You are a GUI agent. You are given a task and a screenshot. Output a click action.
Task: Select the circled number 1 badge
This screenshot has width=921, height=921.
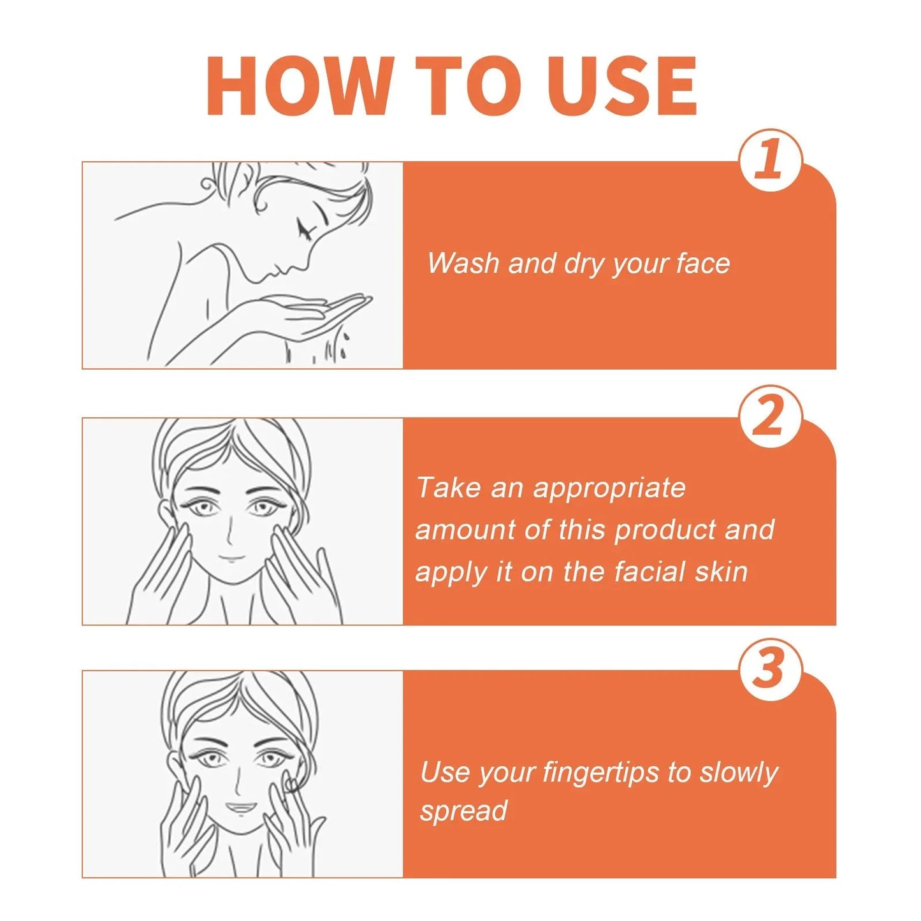click(x=770, y=160)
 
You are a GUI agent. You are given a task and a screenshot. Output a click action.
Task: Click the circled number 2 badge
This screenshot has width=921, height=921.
click(x=770, y=417)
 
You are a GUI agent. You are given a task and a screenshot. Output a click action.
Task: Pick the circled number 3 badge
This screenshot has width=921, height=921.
click(x=770, y=669)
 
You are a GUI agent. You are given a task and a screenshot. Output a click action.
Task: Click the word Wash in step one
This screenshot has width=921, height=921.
click(x=463, y=263)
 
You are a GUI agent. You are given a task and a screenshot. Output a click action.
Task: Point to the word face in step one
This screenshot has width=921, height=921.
click(x=703, y=263)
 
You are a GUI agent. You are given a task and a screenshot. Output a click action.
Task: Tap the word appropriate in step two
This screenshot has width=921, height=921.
click(x=609, y=488)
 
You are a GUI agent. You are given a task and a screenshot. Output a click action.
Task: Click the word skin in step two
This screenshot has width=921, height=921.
click(x=721, y=572)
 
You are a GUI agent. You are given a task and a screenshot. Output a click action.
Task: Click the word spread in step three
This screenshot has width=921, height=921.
click(x=463, y=811)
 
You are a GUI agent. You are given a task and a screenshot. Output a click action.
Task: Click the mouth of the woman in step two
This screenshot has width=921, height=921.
click(x=232, y=559)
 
